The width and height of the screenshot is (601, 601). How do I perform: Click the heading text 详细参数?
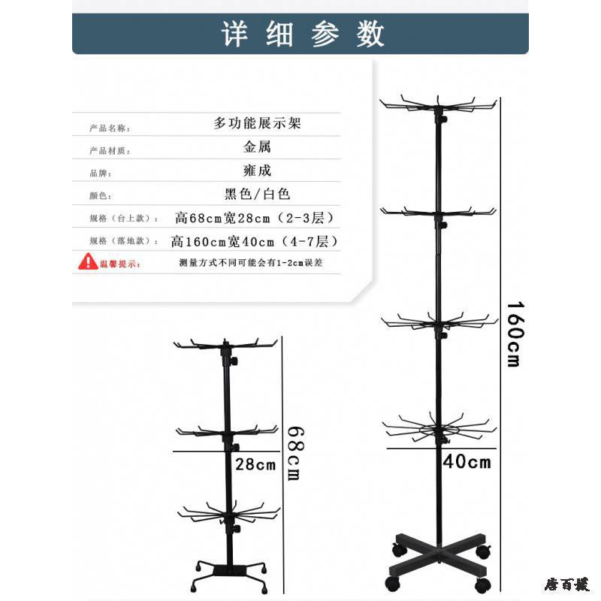pyautogui.click(x=303, y=35)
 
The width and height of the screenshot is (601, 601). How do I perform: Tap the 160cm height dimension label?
pyautogui.click(x=513, y=334)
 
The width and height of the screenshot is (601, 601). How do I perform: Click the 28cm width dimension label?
pyautogui.click(x=256, y=464)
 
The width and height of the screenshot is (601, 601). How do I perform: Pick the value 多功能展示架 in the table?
pyautogui.click(x=257, y=123)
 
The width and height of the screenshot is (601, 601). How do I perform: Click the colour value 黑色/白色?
pyautogui.click(x=257, y=194)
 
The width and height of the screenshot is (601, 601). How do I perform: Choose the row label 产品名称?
pyautogui.click(x=110, y=128)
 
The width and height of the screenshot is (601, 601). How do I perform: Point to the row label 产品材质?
pyautogui.click(x=110, y=151)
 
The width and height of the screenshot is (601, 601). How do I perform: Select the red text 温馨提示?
pyautogui.click(x=120, y=264)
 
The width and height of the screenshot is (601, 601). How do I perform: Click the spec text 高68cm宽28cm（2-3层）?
pyautogui.click(x=254, y=218)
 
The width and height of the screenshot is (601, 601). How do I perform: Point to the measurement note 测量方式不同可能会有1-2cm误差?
pyautogui.click(x=251, y=264)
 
